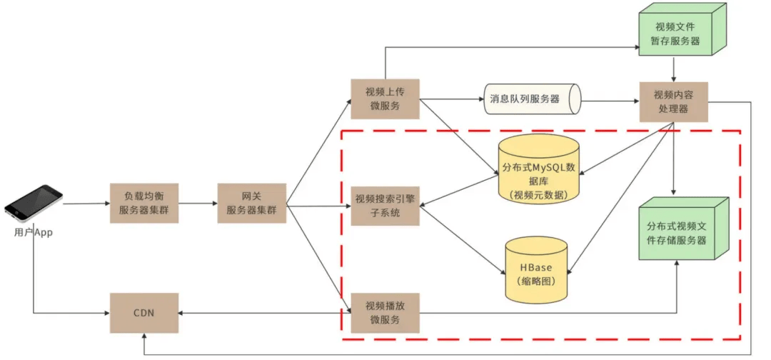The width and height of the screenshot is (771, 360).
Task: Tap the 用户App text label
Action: pos(33,233)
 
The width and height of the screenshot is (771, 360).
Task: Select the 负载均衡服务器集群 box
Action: pos(143,204)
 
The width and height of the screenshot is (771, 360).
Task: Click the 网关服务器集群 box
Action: pos(251,204)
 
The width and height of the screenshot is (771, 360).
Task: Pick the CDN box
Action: pos(143,313)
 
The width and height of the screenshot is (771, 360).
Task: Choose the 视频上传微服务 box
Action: pos(385,99)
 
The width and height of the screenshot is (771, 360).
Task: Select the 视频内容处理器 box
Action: pos(672,101)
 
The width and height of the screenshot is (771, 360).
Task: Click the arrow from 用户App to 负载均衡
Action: pos(86,204)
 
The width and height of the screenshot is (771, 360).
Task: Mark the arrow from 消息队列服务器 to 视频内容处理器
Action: pos(607,99)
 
